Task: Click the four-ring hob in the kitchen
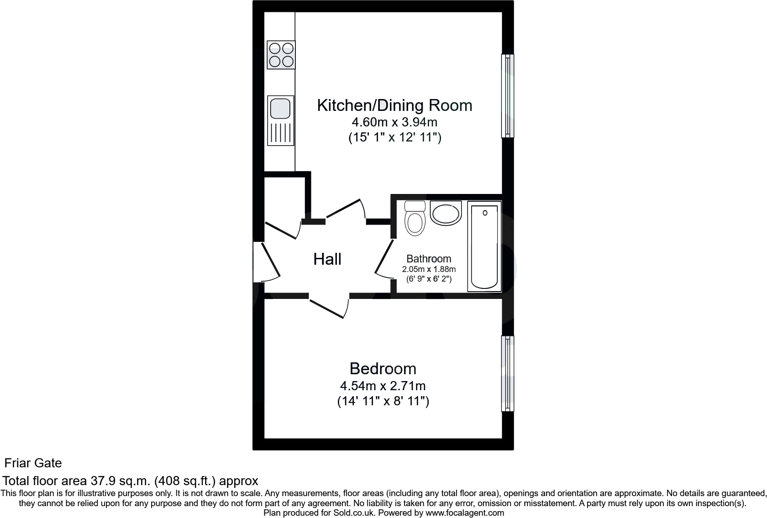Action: (281, 55)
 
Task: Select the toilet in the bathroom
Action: (415, 220)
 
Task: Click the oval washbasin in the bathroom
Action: (446, 214)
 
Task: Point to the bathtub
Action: (484, 246)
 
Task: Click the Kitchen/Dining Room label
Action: (394, 105)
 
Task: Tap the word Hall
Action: (327, 259)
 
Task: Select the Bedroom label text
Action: (383, 369)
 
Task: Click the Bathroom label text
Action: (429, 259)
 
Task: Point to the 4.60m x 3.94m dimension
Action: (394, 122)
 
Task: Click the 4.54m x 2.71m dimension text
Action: (383, 386)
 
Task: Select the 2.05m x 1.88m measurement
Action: (429, 269)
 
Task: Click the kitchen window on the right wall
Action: (508, 96)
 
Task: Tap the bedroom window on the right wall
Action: (508, 373)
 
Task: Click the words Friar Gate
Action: (33, 463)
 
